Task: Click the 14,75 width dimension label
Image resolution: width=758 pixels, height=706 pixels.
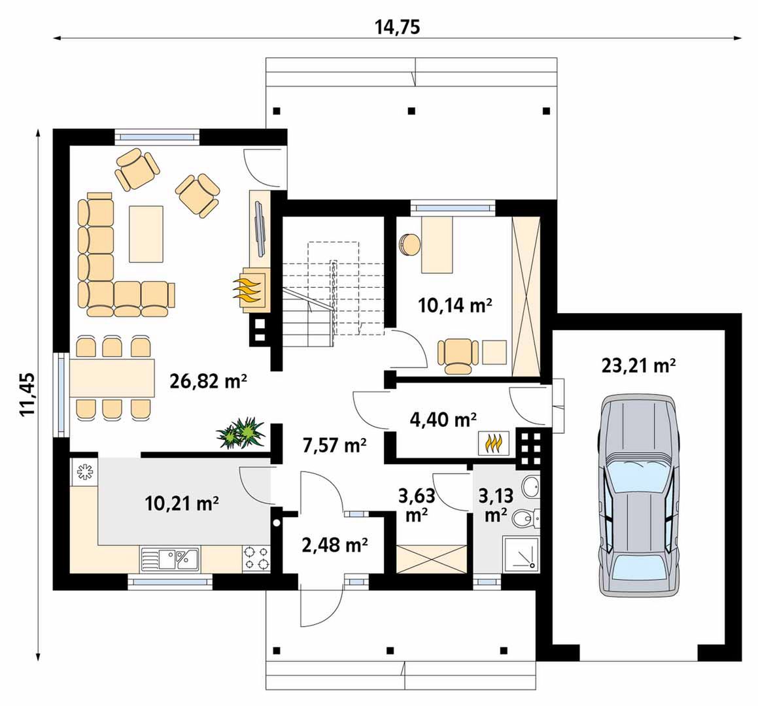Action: [398, 27]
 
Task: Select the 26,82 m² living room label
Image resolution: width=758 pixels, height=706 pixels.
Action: [209, 381]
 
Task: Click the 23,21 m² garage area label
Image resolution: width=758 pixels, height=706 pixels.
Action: [638, 365]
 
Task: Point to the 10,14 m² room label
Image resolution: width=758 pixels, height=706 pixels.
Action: [455, 305]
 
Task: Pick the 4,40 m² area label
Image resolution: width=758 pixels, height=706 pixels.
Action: [443, 420]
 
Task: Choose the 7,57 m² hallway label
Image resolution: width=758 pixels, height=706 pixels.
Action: [334, 445]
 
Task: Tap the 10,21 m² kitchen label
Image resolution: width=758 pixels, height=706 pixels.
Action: [182, 503]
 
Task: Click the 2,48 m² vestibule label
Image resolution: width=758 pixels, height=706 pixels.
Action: [334, 545]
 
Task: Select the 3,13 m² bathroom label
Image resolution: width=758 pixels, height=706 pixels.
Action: [496, 505]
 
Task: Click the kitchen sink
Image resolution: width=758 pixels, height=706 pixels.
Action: [169, 560]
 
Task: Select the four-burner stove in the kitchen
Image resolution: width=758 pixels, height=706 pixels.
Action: [256, 559]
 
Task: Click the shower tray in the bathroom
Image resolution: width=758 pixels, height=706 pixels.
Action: [521, 554]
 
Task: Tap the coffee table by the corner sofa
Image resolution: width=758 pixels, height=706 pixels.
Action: [145, 234]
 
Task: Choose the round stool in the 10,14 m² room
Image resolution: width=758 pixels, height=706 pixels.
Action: [410, 244]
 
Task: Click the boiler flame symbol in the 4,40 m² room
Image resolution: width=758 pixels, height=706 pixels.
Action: [494, 443]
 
